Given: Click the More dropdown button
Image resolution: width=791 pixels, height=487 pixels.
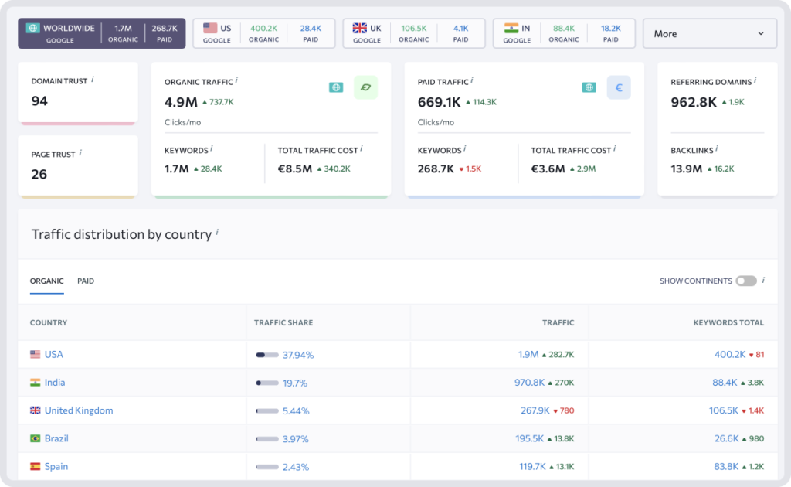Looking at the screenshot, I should point(709,34).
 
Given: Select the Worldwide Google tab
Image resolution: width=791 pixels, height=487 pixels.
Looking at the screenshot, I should point(101,34).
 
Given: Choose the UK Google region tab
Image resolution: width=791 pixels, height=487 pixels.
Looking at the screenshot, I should point(413,34).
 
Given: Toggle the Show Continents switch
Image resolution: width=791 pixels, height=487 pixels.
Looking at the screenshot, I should point(745,281).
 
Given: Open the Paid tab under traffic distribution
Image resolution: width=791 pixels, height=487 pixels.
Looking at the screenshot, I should point(86,281).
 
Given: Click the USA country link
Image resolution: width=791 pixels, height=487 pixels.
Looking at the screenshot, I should point(53,355).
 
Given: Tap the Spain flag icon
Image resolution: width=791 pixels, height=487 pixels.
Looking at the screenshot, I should point(35,467).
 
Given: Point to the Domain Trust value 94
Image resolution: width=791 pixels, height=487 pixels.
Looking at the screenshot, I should point(39,100).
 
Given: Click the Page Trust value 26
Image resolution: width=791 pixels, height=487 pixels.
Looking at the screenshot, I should point(39,174).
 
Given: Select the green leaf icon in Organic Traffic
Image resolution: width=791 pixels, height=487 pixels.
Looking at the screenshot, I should point(365,87).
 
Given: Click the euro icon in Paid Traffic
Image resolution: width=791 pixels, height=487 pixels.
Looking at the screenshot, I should point(618,87).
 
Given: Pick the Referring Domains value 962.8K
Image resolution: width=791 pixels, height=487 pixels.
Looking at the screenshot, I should point(694,101).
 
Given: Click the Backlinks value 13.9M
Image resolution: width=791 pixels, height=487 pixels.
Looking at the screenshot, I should point(686,169).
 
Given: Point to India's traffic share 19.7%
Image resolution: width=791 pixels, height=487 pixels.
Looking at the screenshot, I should point(294,383).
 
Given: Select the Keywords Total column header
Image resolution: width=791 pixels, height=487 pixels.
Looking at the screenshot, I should point(728,322).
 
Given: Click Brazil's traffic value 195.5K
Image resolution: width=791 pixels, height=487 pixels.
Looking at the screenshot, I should point(530,439).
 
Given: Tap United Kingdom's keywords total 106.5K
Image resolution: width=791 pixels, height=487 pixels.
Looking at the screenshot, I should point(724,410).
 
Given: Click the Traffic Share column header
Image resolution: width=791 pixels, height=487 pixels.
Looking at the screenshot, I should point(283,322).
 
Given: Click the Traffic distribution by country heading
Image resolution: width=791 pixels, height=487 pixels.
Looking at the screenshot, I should point(121,234).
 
